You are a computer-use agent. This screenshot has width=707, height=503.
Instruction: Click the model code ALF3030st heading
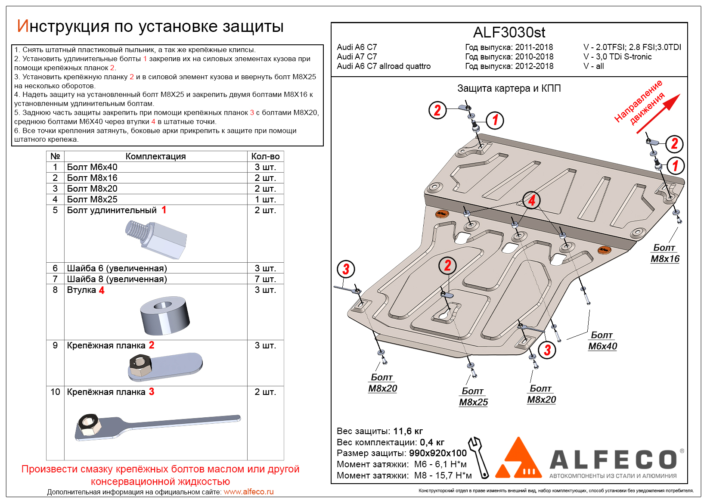(x=509, y=32)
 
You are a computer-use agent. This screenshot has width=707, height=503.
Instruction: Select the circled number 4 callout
(x=532, y=200)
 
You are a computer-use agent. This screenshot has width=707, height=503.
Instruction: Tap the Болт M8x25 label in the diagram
(x=473, y=397)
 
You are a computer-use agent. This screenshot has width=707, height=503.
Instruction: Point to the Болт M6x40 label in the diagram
(x=602, y=341)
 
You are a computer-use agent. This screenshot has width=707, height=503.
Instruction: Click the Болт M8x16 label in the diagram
(x=665, y=253)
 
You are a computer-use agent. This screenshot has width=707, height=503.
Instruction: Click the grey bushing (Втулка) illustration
(x=164, y=316)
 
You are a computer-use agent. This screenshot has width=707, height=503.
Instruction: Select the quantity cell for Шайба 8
(x=265, y=279)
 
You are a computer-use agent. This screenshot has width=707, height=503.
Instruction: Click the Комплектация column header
(x=155, y=156)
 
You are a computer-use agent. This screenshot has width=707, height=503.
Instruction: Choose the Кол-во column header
(x=265, y=156)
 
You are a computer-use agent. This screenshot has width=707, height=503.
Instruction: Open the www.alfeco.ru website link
(x=248, y=492)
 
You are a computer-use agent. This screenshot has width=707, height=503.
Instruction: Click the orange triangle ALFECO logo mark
(x=518, y=460)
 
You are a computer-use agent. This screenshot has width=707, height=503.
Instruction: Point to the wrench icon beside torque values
(x=479, y=457)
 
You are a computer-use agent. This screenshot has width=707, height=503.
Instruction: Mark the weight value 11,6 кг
(x=408, y=431)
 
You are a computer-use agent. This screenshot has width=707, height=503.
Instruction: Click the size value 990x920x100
(x=437, y=453)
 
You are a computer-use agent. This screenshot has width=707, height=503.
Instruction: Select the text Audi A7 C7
(x=357, y=56)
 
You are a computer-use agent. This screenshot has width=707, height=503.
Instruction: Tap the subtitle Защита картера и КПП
(x=509, y=88)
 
